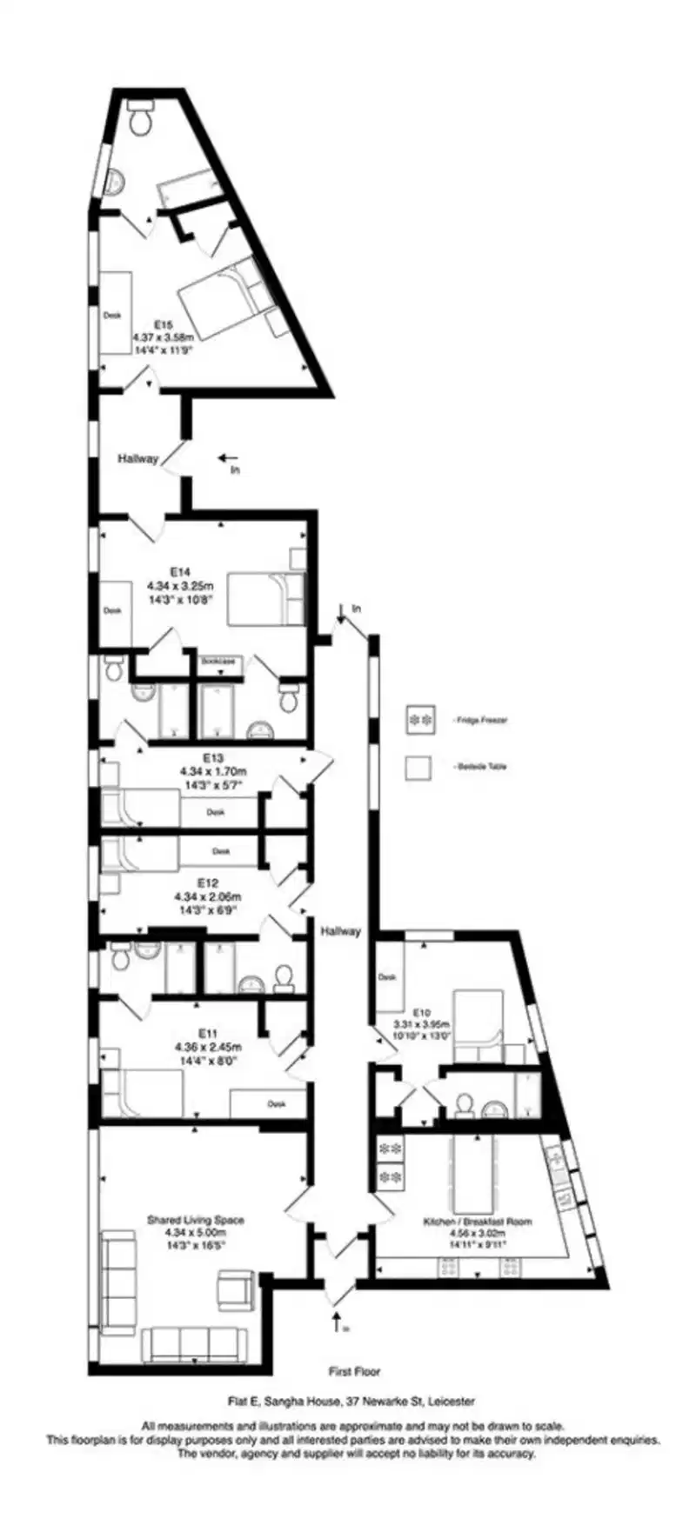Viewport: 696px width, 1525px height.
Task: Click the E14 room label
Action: pos(180,571)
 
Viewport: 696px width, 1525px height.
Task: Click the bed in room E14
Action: pos(266,598)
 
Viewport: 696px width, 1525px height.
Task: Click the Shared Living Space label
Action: pos(196,1220)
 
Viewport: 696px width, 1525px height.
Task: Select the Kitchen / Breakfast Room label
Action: pos(477,1221)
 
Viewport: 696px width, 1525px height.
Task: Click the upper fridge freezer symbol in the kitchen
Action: pos(390,1149)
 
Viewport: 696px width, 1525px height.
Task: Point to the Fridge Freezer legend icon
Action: pos(419,720)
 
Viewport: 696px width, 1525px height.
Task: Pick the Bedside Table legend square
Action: pos(419,767)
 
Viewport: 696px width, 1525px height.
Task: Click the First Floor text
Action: pos(354,1371)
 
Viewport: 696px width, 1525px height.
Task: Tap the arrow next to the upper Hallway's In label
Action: pos(228,456)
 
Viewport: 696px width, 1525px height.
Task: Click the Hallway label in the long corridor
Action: pos(339,931)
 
